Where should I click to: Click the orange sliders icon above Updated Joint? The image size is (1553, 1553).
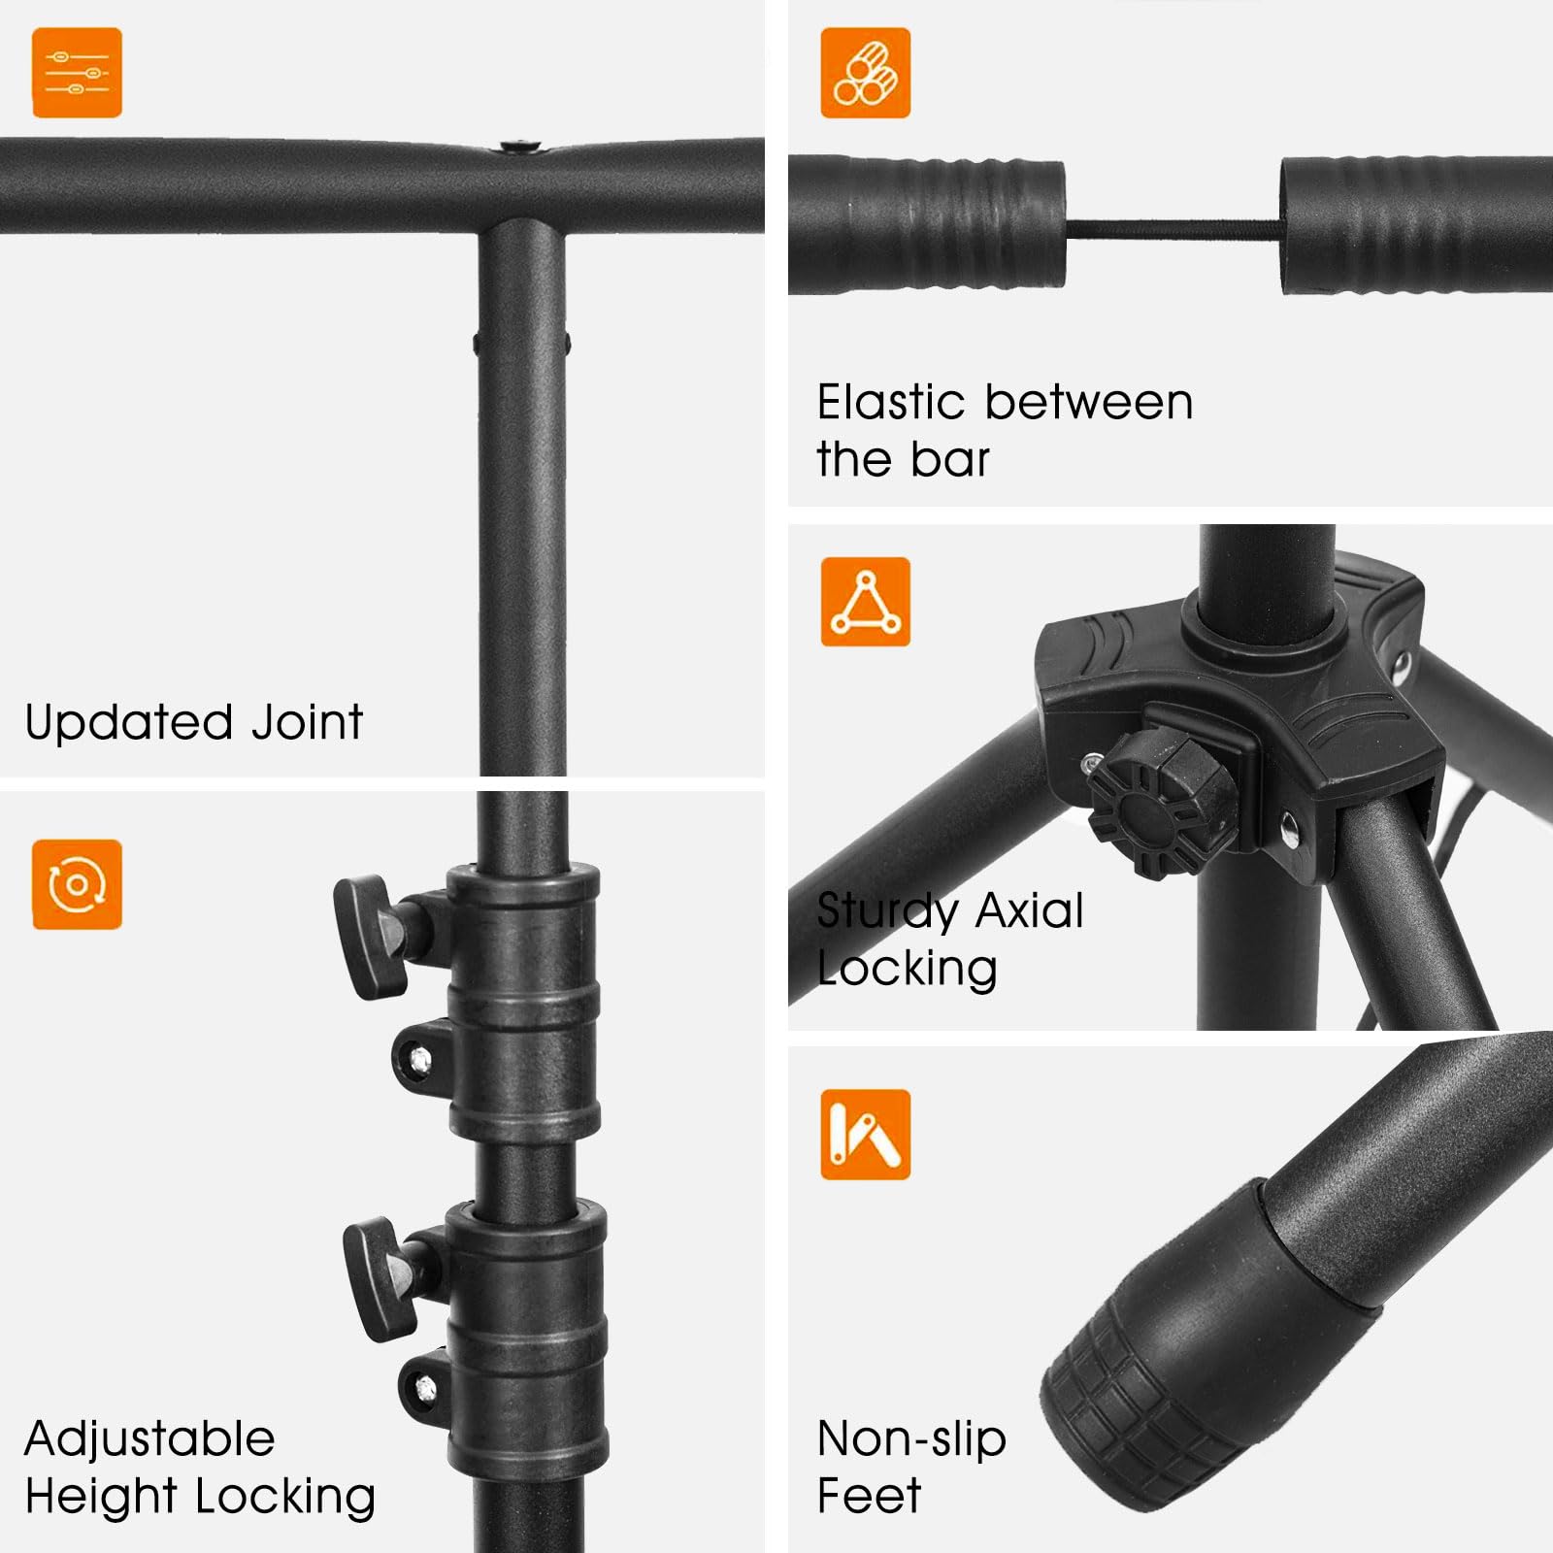click(77, 73)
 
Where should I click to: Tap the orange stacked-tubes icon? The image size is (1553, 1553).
click(865, 73)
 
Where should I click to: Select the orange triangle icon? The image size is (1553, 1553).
click(865, 602)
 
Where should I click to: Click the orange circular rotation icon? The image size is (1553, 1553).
click(77, 884)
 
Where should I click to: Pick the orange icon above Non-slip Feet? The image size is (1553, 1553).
click(865, 1135)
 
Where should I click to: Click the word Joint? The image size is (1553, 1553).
click(307, 722)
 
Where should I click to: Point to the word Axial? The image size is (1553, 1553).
click(1030, 910)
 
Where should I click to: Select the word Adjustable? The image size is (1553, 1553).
click(149, 1438)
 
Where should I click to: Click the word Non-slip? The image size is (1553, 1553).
click(911, 1439)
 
